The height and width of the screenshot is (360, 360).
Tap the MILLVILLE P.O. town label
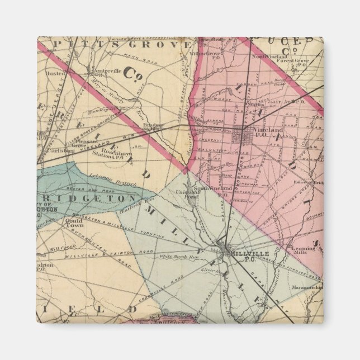click(242, 254)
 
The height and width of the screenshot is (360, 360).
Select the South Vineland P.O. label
click(221, 189)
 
